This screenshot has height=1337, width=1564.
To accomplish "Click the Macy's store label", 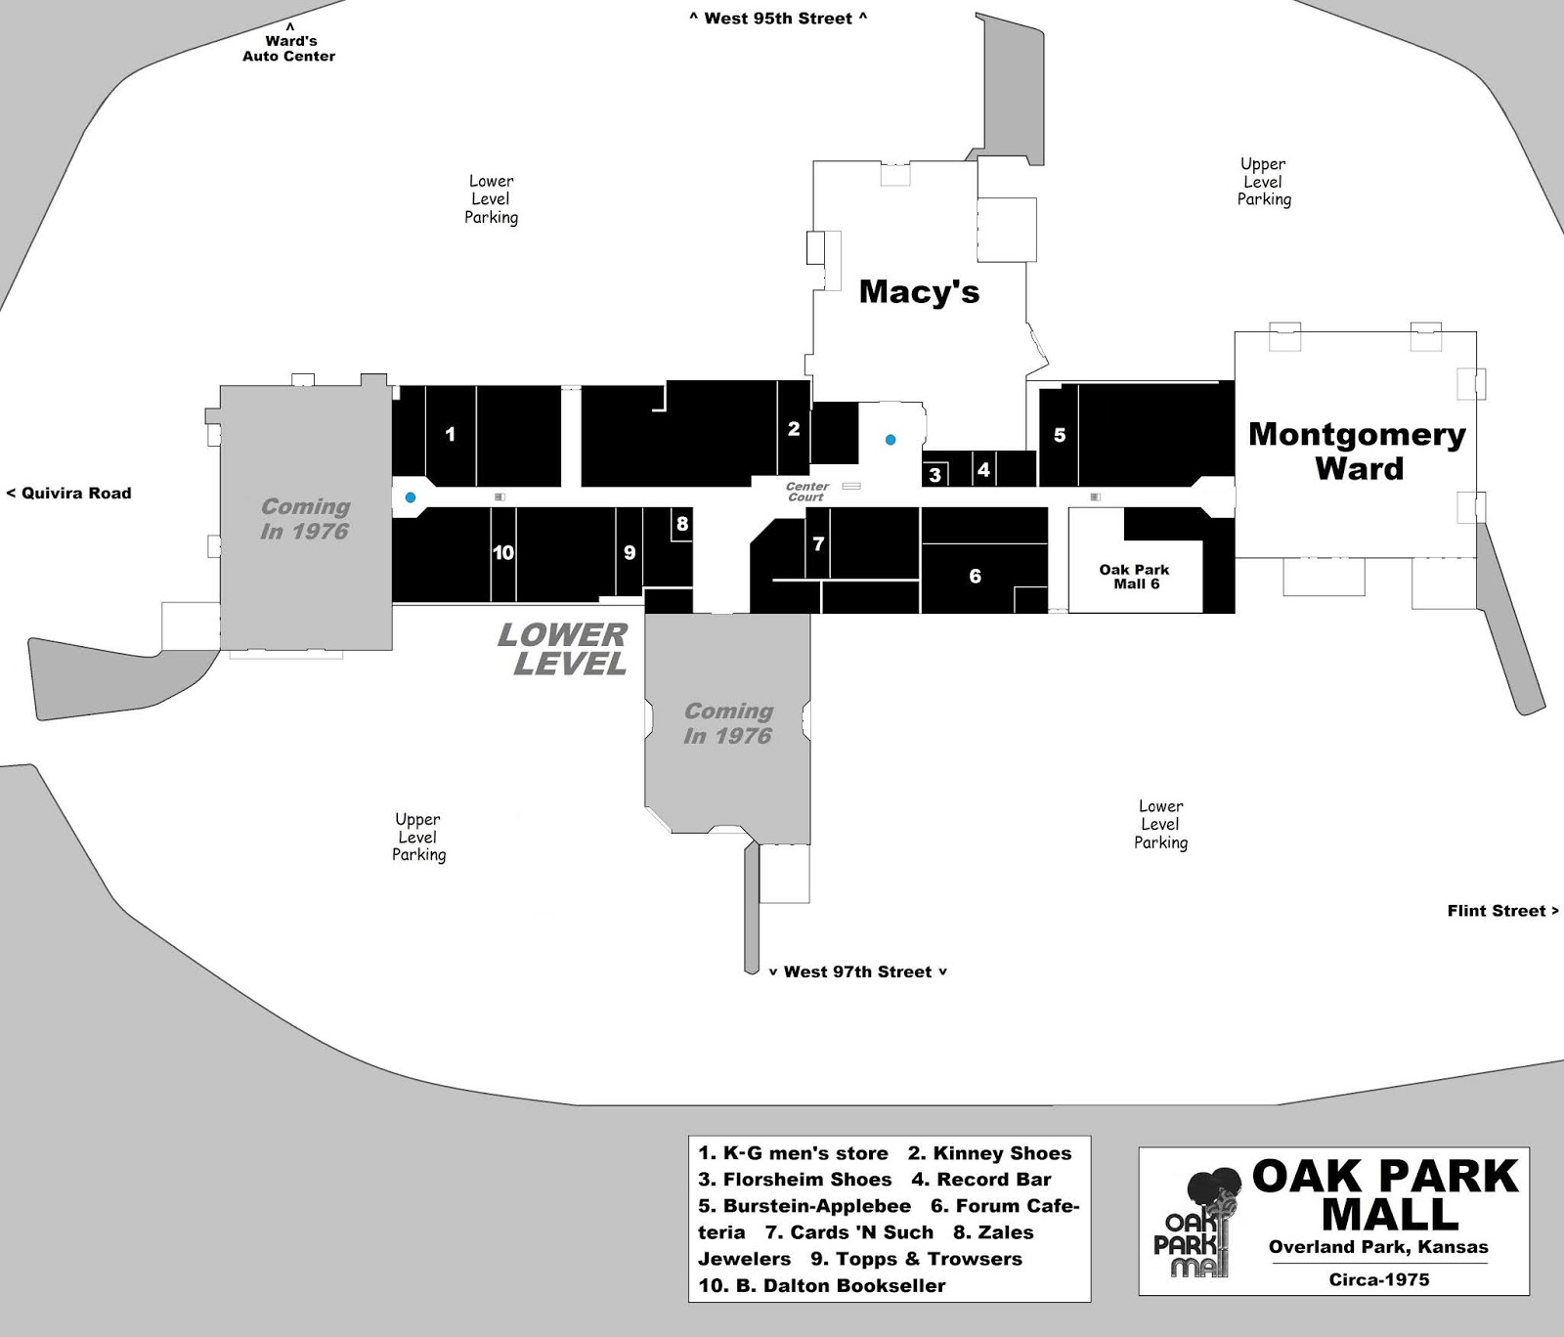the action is [x=919, y=292].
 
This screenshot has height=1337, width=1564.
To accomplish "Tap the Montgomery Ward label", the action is [x=1358, y=451].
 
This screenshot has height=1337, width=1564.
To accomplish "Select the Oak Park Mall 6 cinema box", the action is [x=1134, y=577].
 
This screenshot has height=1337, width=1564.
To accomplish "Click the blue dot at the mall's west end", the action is [x=411, y=497].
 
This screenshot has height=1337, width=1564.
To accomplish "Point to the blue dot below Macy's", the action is [x=891, y=440].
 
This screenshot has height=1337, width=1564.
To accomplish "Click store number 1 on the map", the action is [x=451, y=434].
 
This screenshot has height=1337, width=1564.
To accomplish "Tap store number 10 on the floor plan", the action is [x=503, y=553].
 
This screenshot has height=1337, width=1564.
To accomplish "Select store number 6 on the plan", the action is [x=975, y=576].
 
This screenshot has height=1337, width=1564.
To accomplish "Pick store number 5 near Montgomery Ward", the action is [x=1060, y=435].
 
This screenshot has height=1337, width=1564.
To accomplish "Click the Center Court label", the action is [x=807, y=492].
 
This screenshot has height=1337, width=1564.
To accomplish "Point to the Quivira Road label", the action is [x=69, y=494].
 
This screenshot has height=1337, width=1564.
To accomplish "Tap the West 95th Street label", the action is [x=778, y=18].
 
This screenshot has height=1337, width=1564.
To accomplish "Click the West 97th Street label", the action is [x=857, y=971].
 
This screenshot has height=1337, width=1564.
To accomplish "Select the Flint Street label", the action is [x=1503, y=911].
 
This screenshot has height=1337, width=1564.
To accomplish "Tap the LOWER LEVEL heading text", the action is [x=563, y=650].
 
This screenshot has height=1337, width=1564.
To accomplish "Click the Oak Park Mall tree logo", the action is [x=1198, y=1223].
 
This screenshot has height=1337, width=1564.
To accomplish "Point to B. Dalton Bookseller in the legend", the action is [x=822, y=1286].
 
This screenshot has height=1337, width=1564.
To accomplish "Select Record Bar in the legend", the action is [x=981, y=1180].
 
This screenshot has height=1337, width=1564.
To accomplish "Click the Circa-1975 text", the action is [x=1379, y=1279].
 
